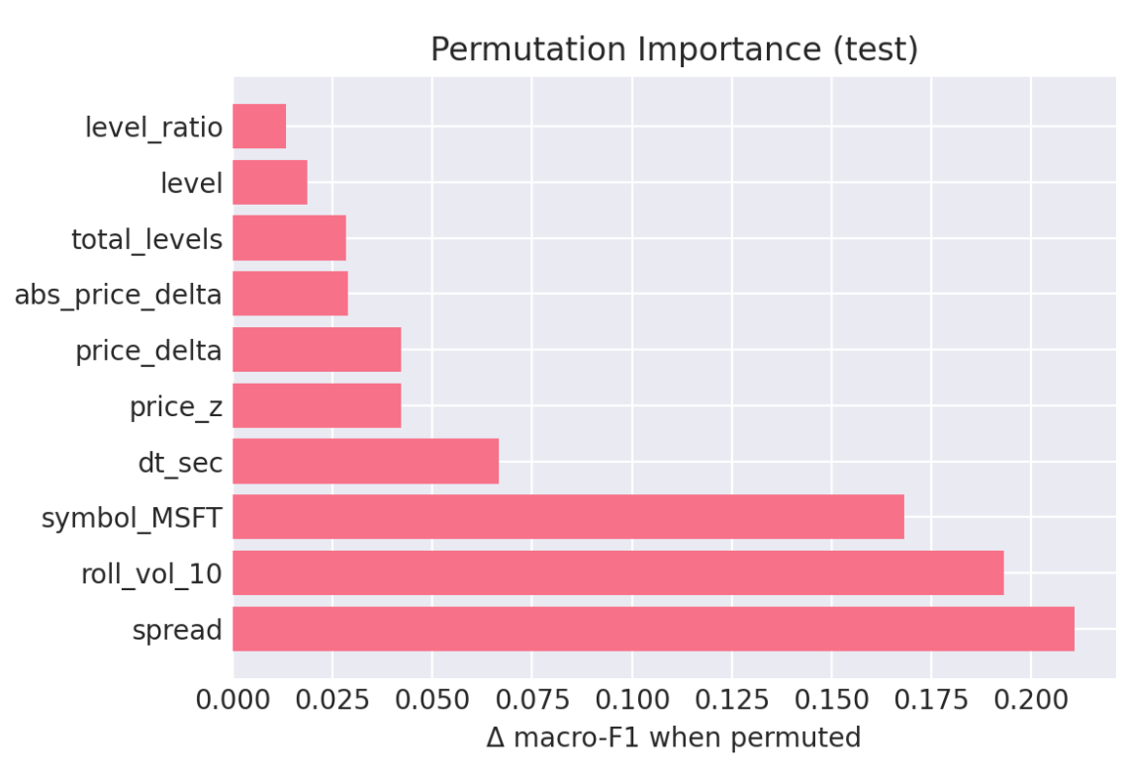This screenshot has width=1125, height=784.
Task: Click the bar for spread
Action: (653, 629)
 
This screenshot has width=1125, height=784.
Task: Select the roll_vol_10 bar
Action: (617, 572)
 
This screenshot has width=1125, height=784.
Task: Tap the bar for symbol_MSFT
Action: (568, 517)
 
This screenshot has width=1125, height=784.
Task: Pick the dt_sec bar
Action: (365, 461)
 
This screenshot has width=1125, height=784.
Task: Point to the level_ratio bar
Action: (259, 127)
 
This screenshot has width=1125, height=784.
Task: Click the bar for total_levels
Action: (289, 238)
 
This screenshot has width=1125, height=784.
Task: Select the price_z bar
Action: (317, 405)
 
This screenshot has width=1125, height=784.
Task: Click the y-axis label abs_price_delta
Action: (118, 295)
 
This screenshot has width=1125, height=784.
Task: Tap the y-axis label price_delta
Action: (148, 351)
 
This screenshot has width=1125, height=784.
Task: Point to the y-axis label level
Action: (191, 183)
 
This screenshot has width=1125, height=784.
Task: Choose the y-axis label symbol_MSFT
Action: (132, 518)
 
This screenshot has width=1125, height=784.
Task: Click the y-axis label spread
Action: (177, 630)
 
